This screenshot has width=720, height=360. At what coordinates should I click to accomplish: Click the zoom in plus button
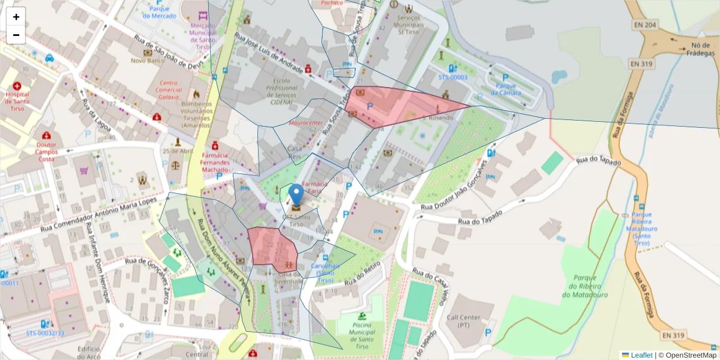[x=16, y=17]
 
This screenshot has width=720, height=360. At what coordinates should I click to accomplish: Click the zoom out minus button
[x=16, y=35]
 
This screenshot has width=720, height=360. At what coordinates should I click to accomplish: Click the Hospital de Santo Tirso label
[x=17, y=101]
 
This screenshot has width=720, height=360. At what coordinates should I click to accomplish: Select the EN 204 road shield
[x=646, y=25]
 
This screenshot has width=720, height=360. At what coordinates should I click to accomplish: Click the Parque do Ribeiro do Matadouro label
[x=585, y=286]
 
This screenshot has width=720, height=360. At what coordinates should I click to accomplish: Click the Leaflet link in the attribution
[x=641, y=355]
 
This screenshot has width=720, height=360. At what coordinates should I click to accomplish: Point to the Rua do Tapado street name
[x=597, y=161]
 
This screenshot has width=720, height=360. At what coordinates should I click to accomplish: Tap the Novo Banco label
[x=147, y=61]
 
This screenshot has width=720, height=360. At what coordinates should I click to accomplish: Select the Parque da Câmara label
[x=505, y=89]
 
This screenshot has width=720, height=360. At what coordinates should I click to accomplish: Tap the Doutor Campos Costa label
[x=46, y=151]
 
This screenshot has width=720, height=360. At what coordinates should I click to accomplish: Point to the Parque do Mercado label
[x=160, y=12]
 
